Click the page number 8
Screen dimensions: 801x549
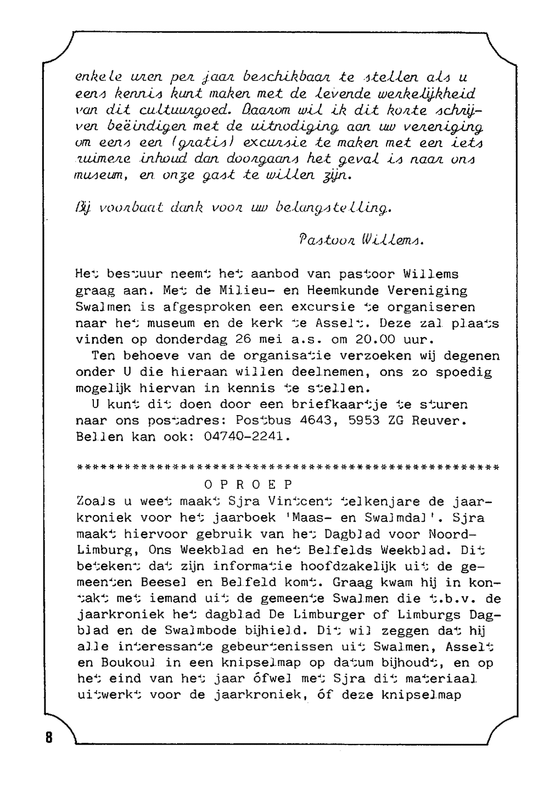point(49,737)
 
